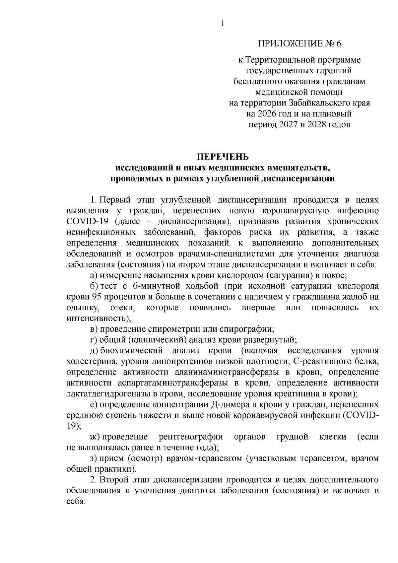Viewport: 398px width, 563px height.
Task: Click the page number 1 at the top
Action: (223, 23)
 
